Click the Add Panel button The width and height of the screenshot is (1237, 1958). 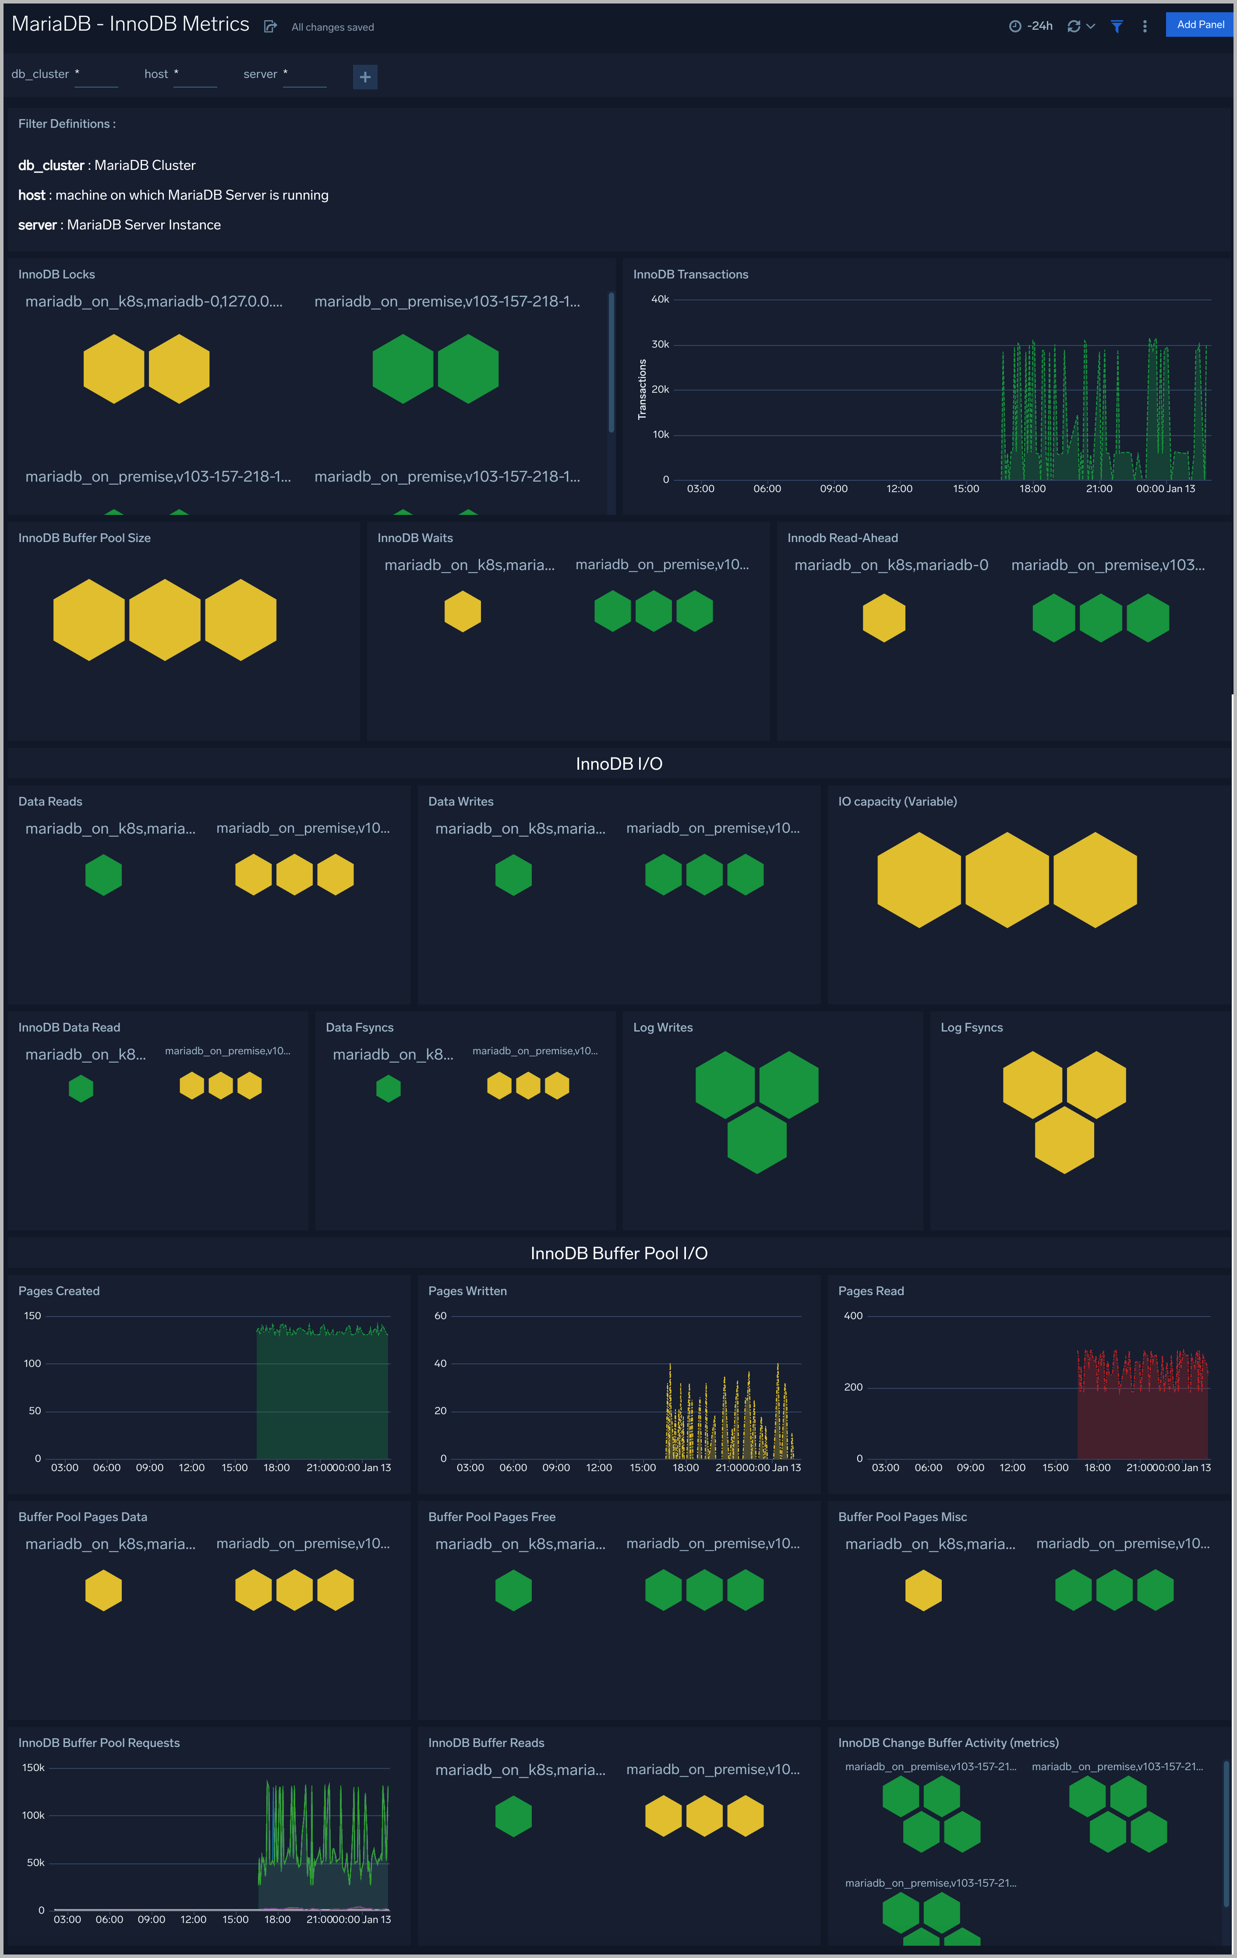(1200, 25)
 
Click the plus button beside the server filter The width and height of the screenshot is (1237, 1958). (365, 77)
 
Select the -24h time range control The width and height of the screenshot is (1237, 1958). (1031, 26)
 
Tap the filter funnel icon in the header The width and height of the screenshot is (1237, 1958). (1117, 26)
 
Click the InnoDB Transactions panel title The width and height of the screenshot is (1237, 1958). (690, 274)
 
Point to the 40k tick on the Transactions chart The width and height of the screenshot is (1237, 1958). (660, 299)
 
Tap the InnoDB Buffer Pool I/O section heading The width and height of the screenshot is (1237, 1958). (618, 1253)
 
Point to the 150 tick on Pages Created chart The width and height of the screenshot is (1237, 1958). (32, 1316)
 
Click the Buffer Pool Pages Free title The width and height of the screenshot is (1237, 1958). (491, 1517)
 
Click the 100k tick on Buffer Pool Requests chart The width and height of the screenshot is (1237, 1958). (33, 1815)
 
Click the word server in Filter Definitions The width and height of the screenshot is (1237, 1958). (37, 225)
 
